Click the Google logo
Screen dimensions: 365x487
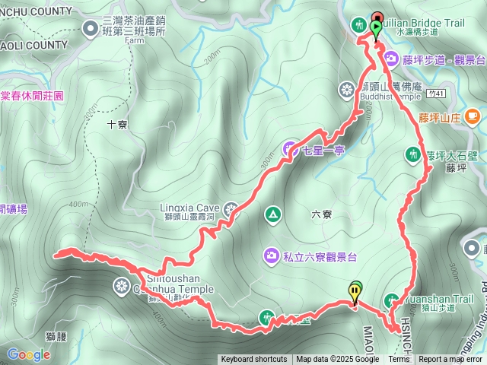tap(28, 354)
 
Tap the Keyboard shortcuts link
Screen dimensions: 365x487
tap(254, 360)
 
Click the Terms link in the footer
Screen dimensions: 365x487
tap(399, 360)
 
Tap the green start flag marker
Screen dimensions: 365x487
tap(375, 28)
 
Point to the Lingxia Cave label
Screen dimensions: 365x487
tap(189, 206)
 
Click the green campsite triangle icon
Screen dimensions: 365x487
tap(272, 215)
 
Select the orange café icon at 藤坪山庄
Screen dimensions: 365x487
tap(473, 116)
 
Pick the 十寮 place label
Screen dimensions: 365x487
tap(117, 124)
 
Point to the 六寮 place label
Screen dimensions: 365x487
tap(322, 214)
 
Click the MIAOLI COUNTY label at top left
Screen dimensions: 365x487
tap(33, 45)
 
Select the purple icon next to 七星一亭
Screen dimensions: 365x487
tap(291, 149)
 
